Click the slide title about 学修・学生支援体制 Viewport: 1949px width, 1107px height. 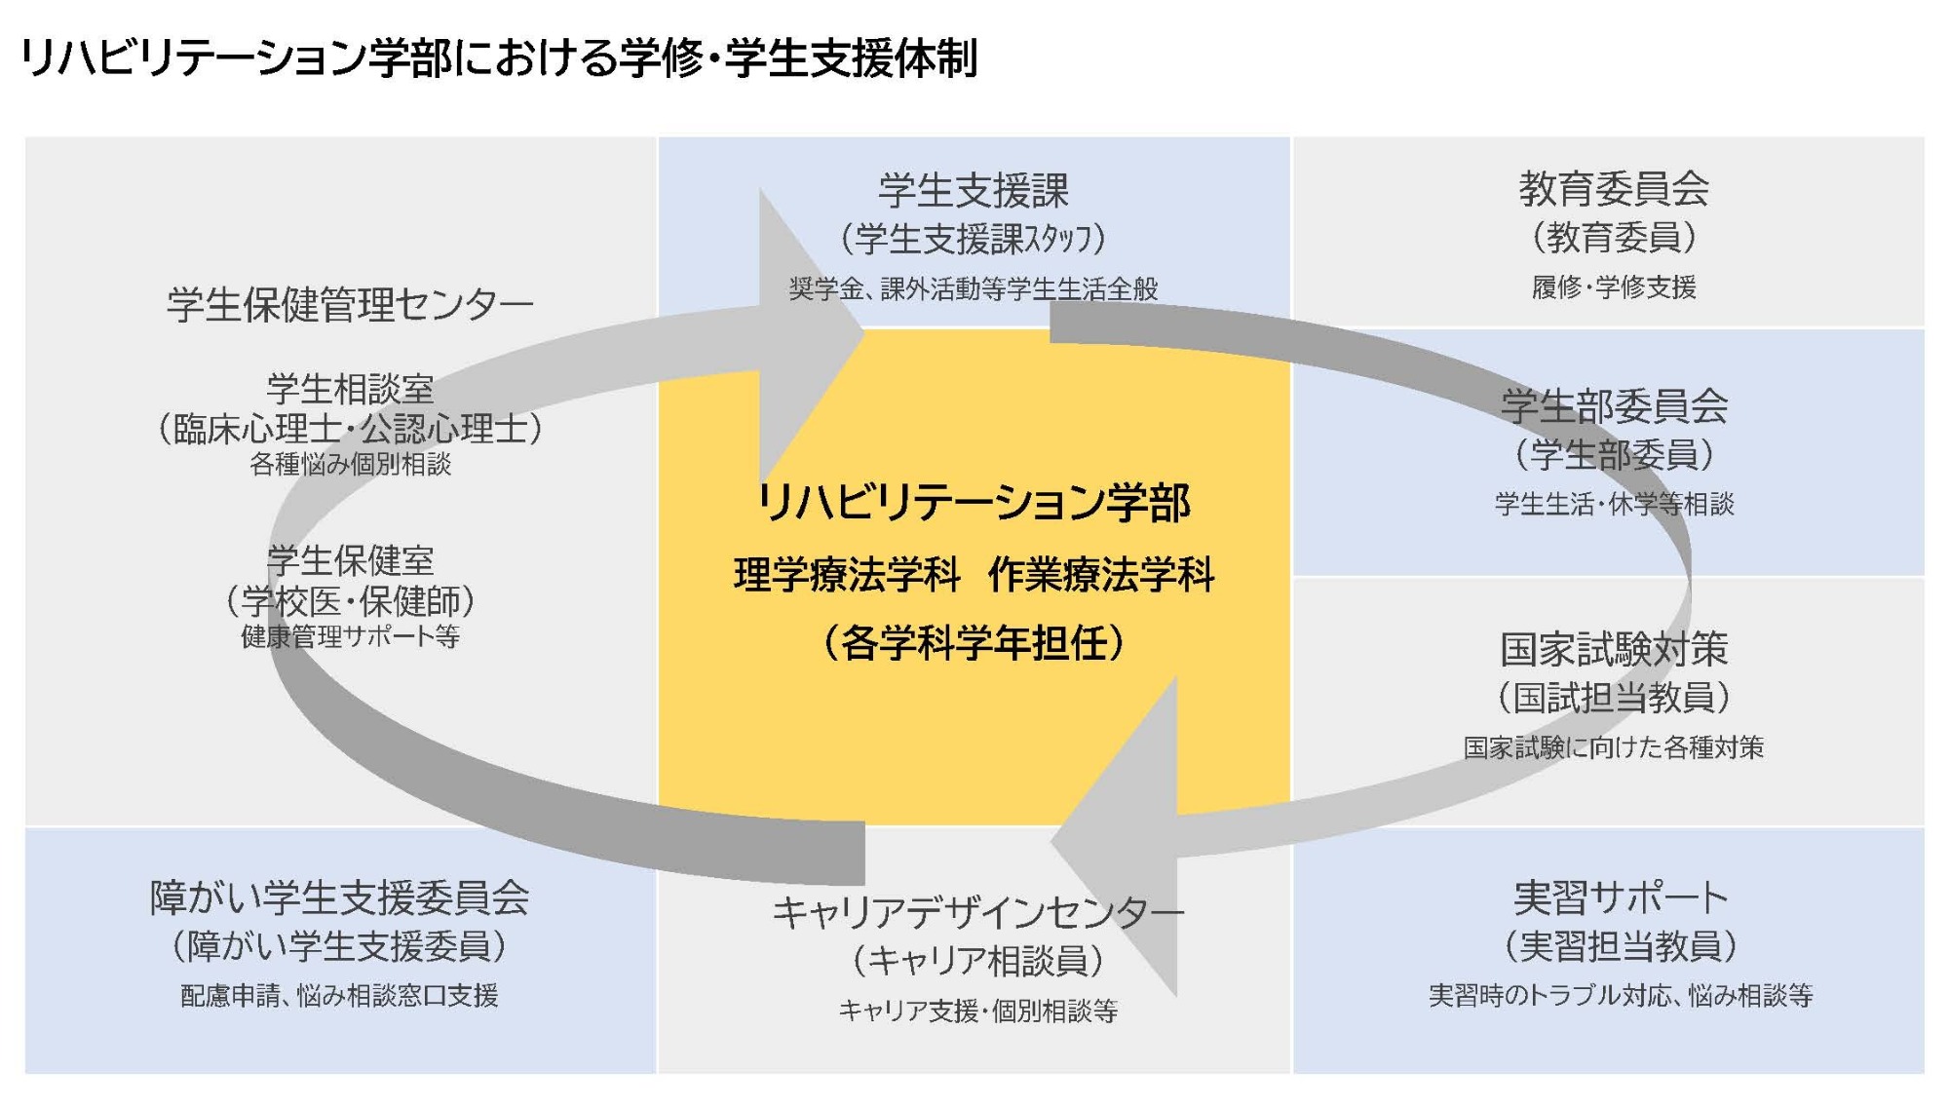point(498,58)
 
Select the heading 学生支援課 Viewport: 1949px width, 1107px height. point(974,190)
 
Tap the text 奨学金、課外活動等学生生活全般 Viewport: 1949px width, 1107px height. point(974,288)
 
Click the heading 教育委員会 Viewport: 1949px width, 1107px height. point(1614,188)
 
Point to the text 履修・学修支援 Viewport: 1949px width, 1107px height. point(1614,286)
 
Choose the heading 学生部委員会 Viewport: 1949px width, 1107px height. point(1614,405)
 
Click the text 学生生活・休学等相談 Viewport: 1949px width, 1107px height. point(1614,504)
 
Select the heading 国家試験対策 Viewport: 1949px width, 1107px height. point(1614,649)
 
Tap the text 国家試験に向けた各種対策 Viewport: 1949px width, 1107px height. point(1614,747)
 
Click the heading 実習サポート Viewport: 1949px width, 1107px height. point(1620,897)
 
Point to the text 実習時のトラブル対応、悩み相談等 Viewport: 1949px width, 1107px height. point(1620,995)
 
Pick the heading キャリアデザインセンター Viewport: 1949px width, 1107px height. point(977,913)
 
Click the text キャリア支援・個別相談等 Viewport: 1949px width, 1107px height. point(977,1011)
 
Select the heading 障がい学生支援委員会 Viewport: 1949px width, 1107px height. point(339,897)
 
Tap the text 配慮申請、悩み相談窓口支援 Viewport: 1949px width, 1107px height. point(339,995)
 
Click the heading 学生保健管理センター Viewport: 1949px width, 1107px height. point(350,305)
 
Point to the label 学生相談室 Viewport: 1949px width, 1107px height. point(350,389)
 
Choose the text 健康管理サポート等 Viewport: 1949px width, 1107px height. point(350,636)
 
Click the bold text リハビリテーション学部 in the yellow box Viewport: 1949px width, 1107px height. point(974,503)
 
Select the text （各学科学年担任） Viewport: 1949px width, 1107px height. point(974,643)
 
